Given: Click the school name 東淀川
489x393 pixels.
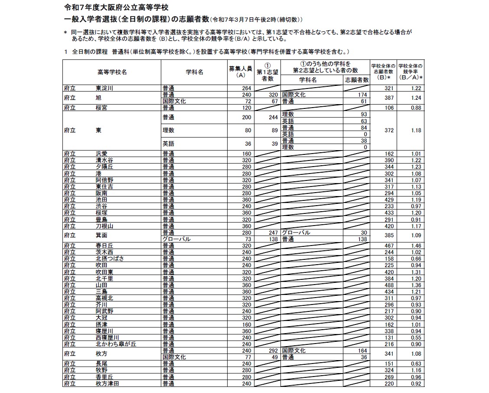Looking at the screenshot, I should [104, 88].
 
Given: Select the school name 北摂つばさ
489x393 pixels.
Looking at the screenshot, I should [110, 259].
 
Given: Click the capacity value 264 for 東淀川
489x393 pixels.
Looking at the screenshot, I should [246, 88].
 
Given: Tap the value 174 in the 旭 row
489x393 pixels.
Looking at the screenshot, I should [362, 95].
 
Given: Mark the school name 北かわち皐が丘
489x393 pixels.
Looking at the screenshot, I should [116, 344].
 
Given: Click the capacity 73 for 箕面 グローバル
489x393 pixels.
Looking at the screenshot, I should [248, 239].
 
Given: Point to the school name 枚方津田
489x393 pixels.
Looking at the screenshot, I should [108, 384].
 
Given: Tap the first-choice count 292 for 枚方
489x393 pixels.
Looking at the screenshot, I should [272, 350].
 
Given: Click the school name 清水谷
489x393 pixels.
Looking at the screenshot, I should [104, 160].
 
